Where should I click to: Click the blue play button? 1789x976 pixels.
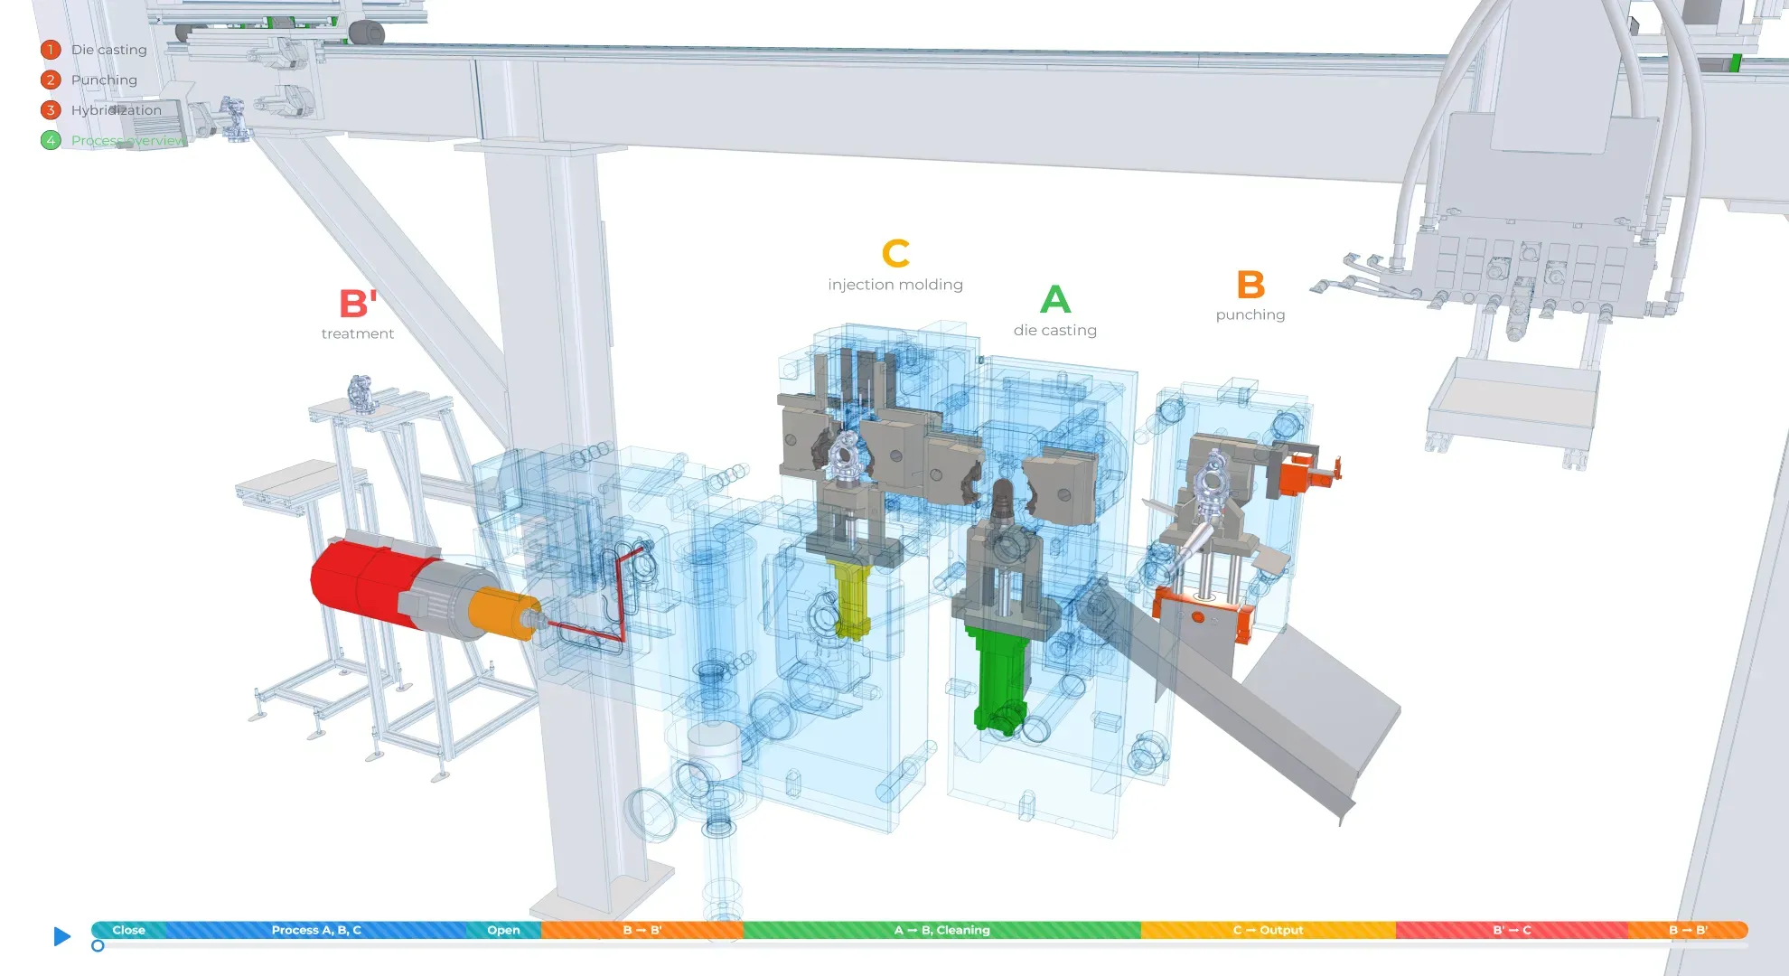tap(61, 936)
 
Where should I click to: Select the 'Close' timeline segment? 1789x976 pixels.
tap(128, 930)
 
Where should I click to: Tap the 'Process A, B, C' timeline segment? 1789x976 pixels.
tap(316, 930)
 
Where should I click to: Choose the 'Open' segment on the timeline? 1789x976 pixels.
tap(503, 930)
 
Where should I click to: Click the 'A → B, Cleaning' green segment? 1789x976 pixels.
tap(941, 930)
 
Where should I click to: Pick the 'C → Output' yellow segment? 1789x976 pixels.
tap(1268, 930)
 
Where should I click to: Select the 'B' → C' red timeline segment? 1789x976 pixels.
tap(1512, 930)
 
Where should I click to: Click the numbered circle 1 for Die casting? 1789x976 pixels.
tap(51, 50)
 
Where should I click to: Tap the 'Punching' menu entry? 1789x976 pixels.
tap(104, 80)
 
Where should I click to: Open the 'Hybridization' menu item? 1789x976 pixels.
tap(117, 110)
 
